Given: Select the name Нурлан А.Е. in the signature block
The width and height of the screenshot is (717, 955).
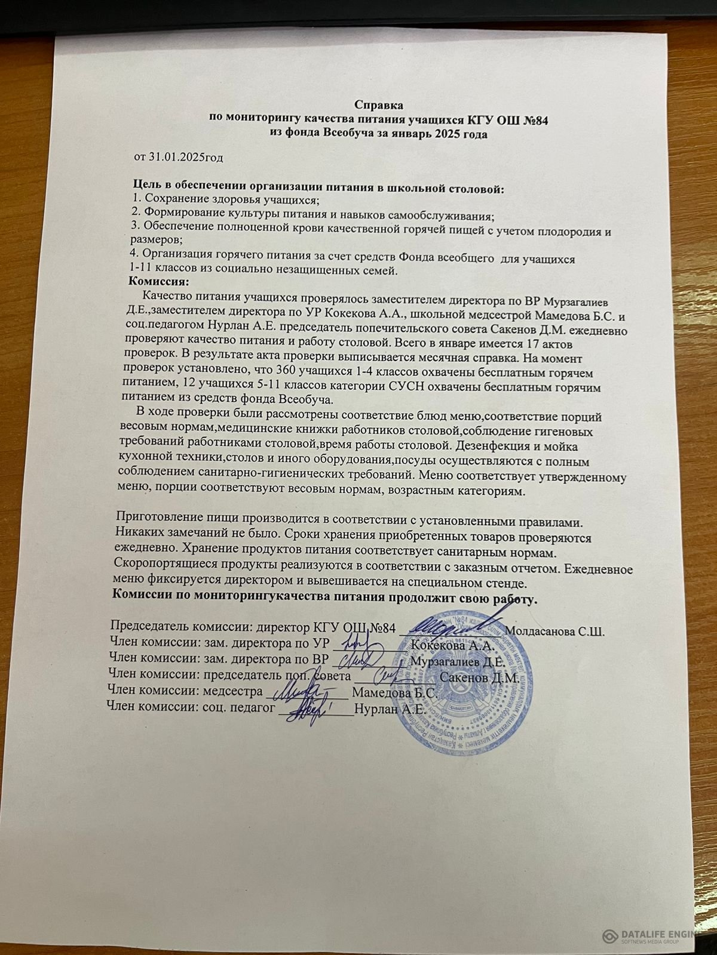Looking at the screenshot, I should pyautogui.click(x=389, y=710).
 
